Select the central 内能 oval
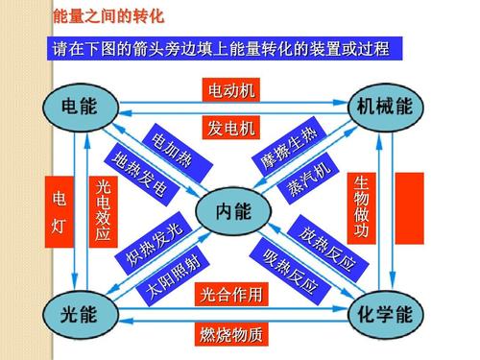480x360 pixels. (x=233, y=209)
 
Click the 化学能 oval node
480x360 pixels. (x=384, y=314)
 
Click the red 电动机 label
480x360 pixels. (x=232, y=91)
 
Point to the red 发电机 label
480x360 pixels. (x=232, y=128)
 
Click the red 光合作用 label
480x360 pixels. (x=230, y=295)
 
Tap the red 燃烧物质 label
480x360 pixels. (x=230, y=336)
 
